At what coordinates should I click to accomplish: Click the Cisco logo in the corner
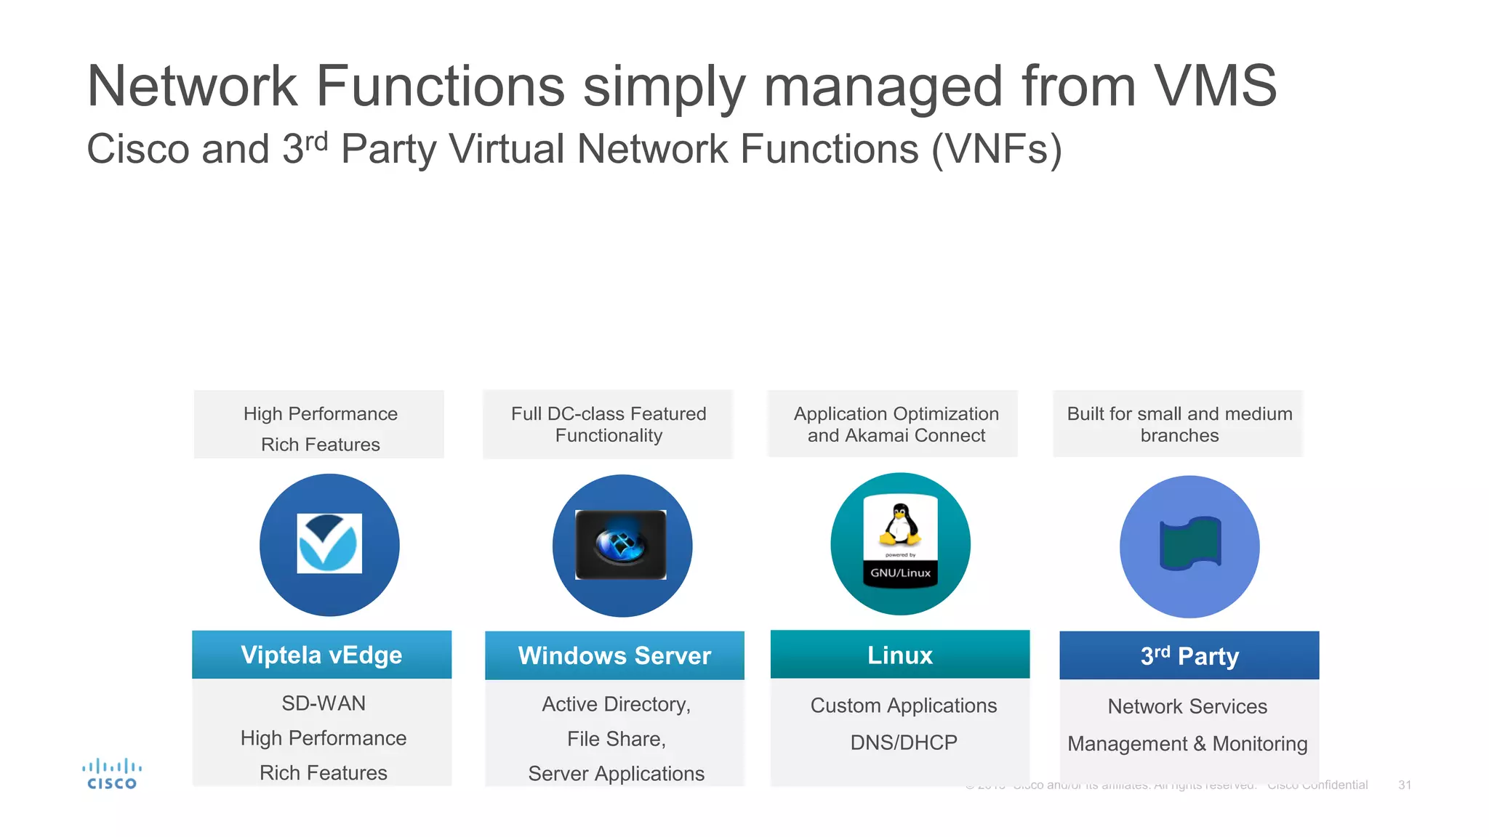click(x=111, y=775)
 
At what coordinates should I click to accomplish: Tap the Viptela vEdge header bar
click(x=321, y=655)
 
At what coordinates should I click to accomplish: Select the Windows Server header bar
click(x=614, y=655)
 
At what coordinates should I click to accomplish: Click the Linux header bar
click(x=900, y=655)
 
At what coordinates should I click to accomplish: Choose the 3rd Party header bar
click(x=1189, y=655)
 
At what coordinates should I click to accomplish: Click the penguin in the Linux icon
click(x=900, y=525)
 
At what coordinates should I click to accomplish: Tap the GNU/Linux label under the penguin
click(x=900, y=573)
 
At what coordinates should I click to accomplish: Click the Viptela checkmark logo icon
click(x=329, y=543)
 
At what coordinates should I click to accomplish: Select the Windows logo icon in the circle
click(x=621, y=544)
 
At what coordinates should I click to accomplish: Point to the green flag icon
click(x=1190, y=543)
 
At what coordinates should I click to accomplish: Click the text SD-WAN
click(x=324, y=703)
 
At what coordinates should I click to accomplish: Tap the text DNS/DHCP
click(x=904, y=743)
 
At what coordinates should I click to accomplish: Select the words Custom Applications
click(x=904, y=705)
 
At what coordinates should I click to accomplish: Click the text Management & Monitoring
click(x=1187, y=744)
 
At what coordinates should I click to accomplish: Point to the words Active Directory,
click(x=616, y=704)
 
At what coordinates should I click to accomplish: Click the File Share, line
click(x=616, y=739)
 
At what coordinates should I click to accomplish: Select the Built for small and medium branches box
click(x=1179, y=424)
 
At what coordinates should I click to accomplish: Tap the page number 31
click(x=1405, y=785)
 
